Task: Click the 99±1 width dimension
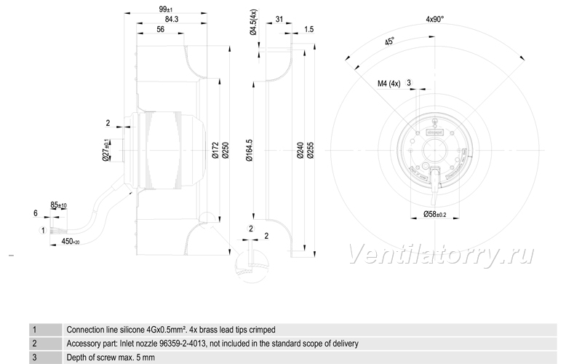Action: point(166,9)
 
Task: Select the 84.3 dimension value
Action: point(172,20)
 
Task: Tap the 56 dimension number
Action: point(160,29)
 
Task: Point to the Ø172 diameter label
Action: point(215,151)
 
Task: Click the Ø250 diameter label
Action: point(226,151)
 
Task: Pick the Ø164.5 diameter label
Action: point(249,151)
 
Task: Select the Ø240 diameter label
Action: point(300,151)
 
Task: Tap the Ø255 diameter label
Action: point(311,151)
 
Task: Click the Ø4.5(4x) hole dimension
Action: point(253,23)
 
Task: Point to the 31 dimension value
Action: point(279,20)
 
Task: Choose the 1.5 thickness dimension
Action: point(308,29)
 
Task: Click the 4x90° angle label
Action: point(435,20)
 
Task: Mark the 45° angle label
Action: point(389,41)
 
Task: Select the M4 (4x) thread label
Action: point(389,84)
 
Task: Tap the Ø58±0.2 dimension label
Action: point(434,214)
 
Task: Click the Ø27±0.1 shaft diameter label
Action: point(106,150)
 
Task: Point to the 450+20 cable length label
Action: point(70,242)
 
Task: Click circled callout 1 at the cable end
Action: point(43,231)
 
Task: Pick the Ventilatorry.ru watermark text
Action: point(442,255)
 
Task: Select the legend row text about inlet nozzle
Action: point(212,344)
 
